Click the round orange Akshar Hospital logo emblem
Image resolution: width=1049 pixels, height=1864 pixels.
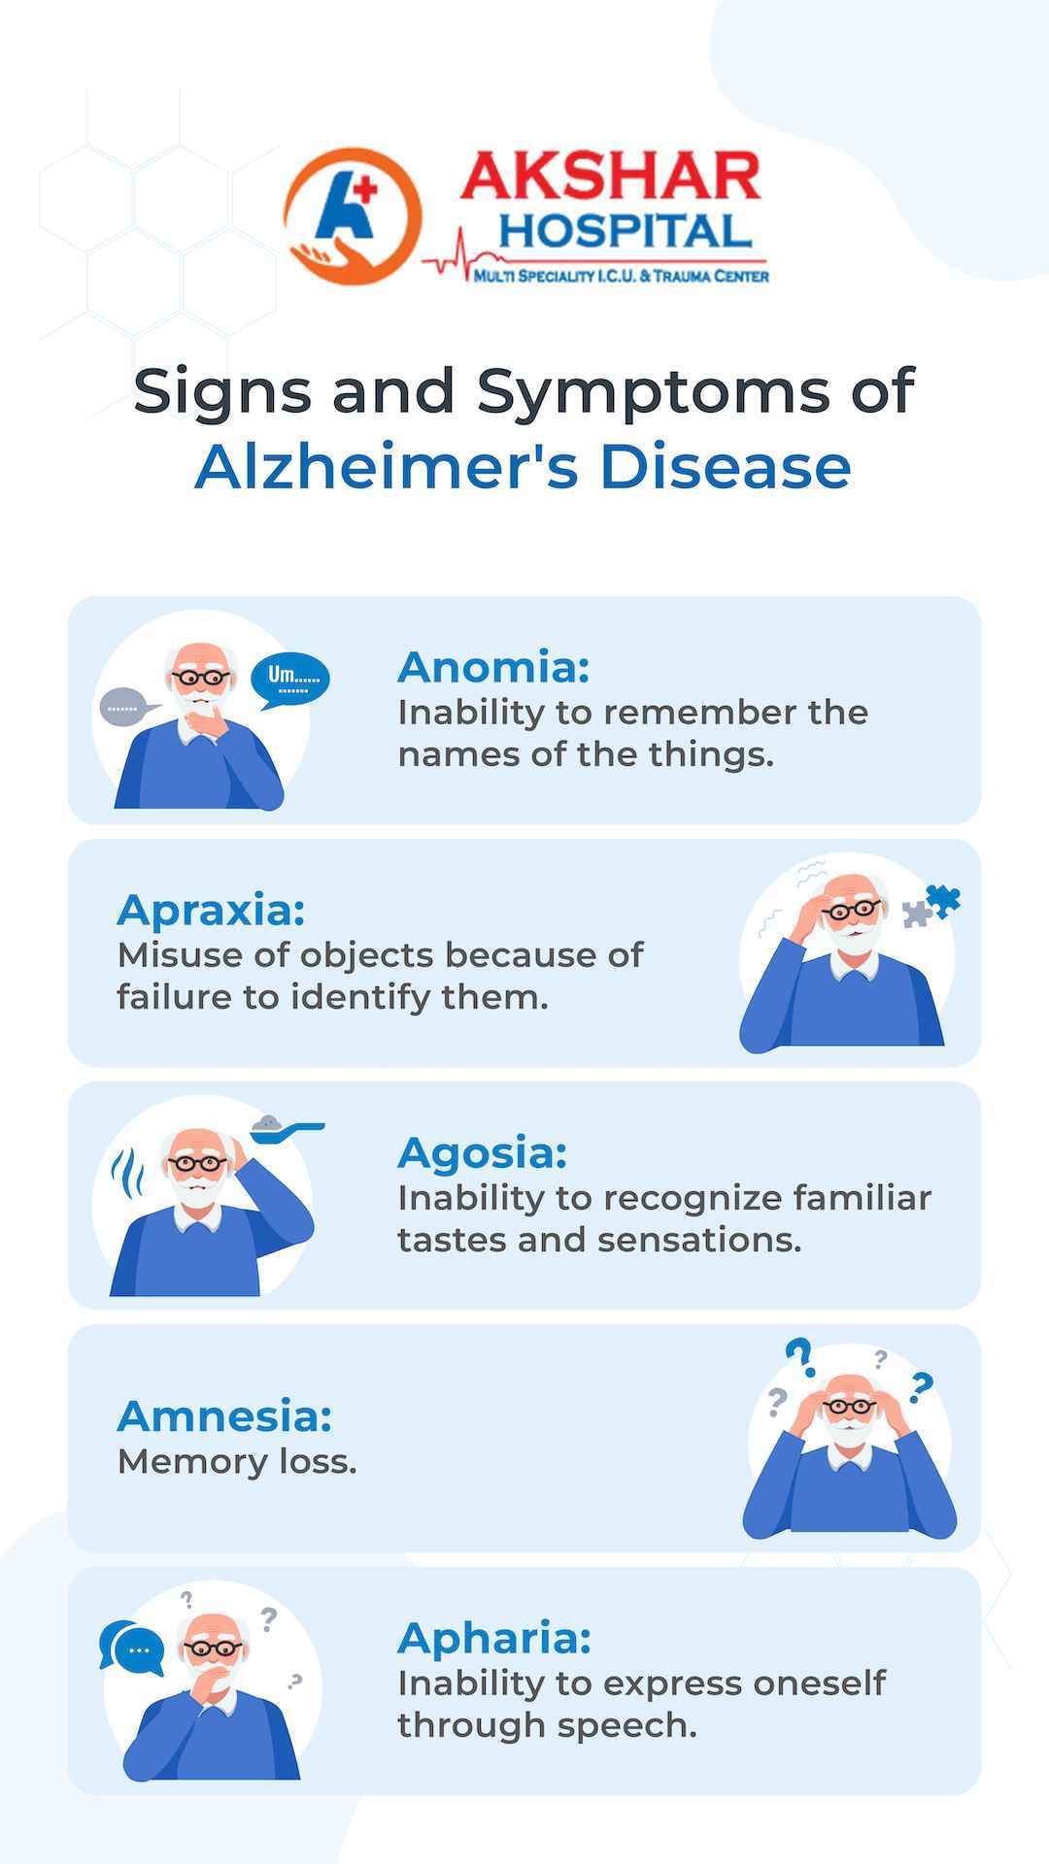click(353, 216)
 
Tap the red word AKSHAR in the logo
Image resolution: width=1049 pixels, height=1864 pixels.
click(610, 178)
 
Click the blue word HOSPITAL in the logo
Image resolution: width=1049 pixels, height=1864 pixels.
click(626, 231)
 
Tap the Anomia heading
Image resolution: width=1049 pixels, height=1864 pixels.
click(493, 667)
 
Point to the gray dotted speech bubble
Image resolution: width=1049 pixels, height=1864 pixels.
click(127, 707)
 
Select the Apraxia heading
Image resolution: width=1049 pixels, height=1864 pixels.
click(211, 911)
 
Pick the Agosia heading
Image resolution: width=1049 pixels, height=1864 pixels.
click(482, 1153)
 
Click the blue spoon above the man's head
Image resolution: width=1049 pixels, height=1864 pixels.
click(288, 1126)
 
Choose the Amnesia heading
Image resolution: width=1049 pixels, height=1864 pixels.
click(224, 1416)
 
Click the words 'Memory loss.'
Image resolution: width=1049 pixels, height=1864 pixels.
click(237, 1461)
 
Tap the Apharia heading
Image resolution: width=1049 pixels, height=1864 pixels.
click(494, 1639)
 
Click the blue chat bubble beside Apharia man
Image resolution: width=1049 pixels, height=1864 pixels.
click(133, 1648)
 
